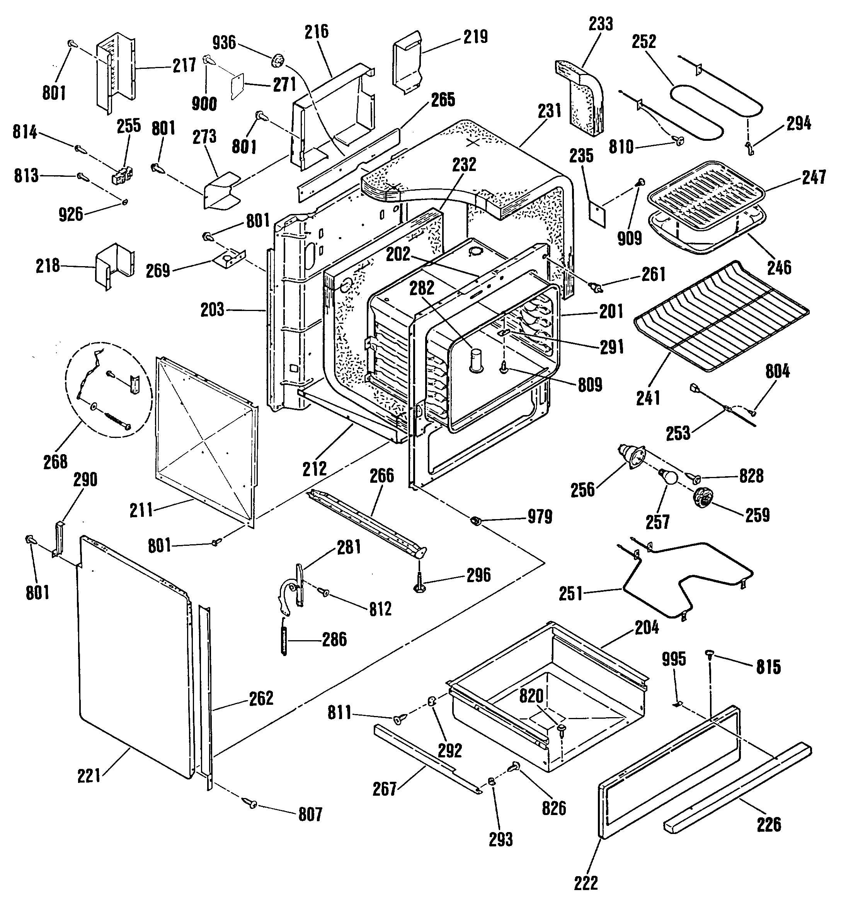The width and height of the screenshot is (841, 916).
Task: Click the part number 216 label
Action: [317, 31]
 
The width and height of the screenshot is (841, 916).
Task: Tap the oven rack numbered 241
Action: [721, 316]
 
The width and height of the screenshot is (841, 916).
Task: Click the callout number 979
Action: [540, 517]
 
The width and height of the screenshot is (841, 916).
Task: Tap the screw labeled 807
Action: [251, 804]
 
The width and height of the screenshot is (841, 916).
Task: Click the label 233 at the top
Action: [601, 24]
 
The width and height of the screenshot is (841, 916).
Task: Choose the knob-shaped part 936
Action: [276, 60]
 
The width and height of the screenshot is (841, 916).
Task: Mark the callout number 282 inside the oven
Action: [422, 288]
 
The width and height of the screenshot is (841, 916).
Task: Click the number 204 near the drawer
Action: [646, 628]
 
